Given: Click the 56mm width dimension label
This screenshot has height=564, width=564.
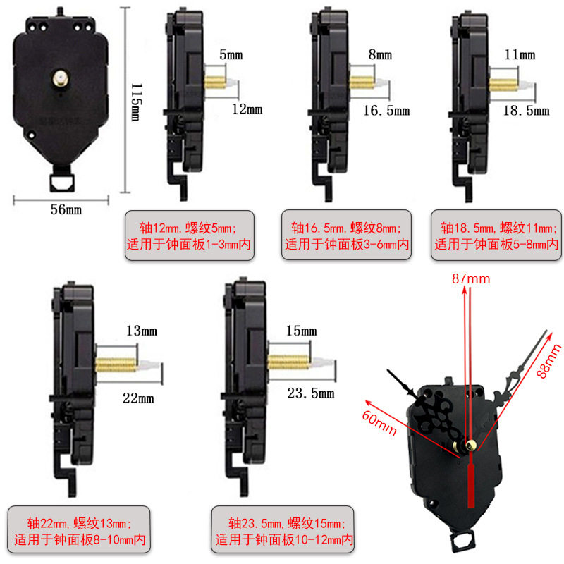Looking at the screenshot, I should point(65,210).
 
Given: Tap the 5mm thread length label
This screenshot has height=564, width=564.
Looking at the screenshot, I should point(233,54).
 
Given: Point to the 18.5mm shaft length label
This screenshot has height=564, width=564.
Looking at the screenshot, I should point(526,111).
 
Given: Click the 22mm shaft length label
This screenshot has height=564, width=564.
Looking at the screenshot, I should point(138,398).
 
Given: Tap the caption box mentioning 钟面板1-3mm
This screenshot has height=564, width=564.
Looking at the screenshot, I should point(190,236).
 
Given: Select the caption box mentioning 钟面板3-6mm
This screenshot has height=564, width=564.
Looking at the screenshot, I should point(346,236).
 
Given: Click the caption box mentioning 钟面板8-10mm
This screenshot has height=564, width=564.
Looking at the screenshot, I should point(79,532).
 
